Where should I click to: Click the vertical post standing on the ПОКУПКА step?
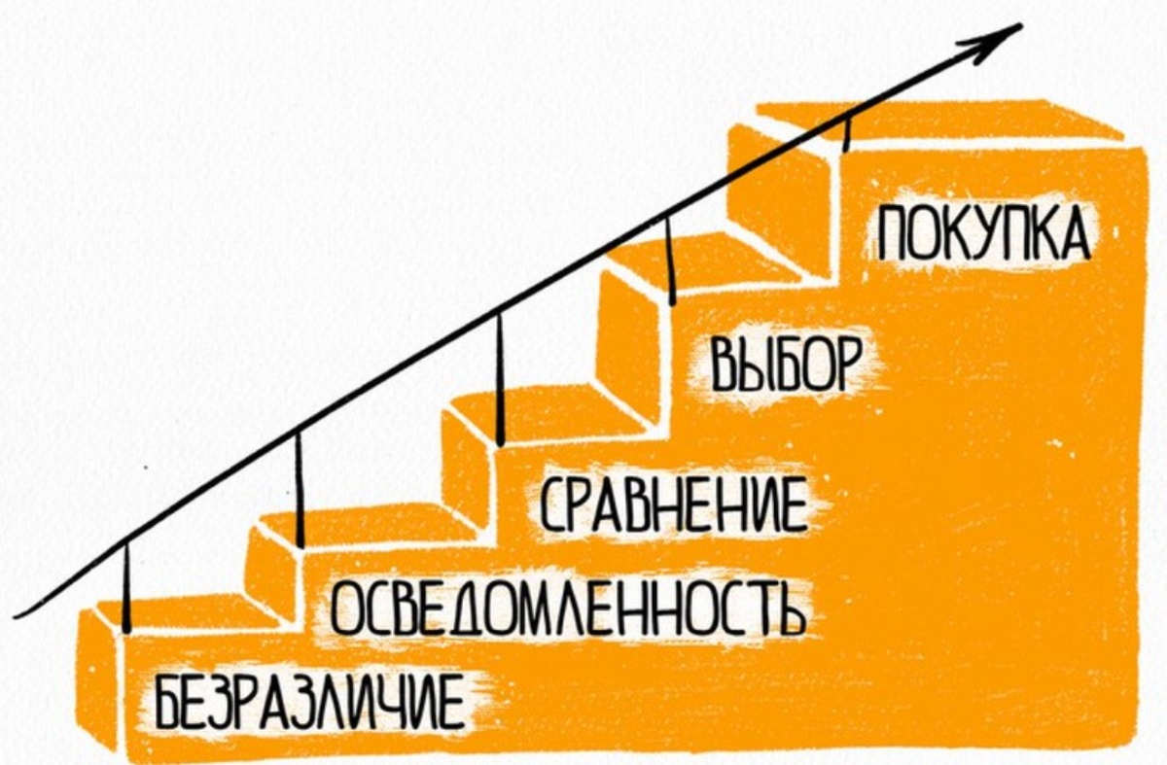847,131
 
